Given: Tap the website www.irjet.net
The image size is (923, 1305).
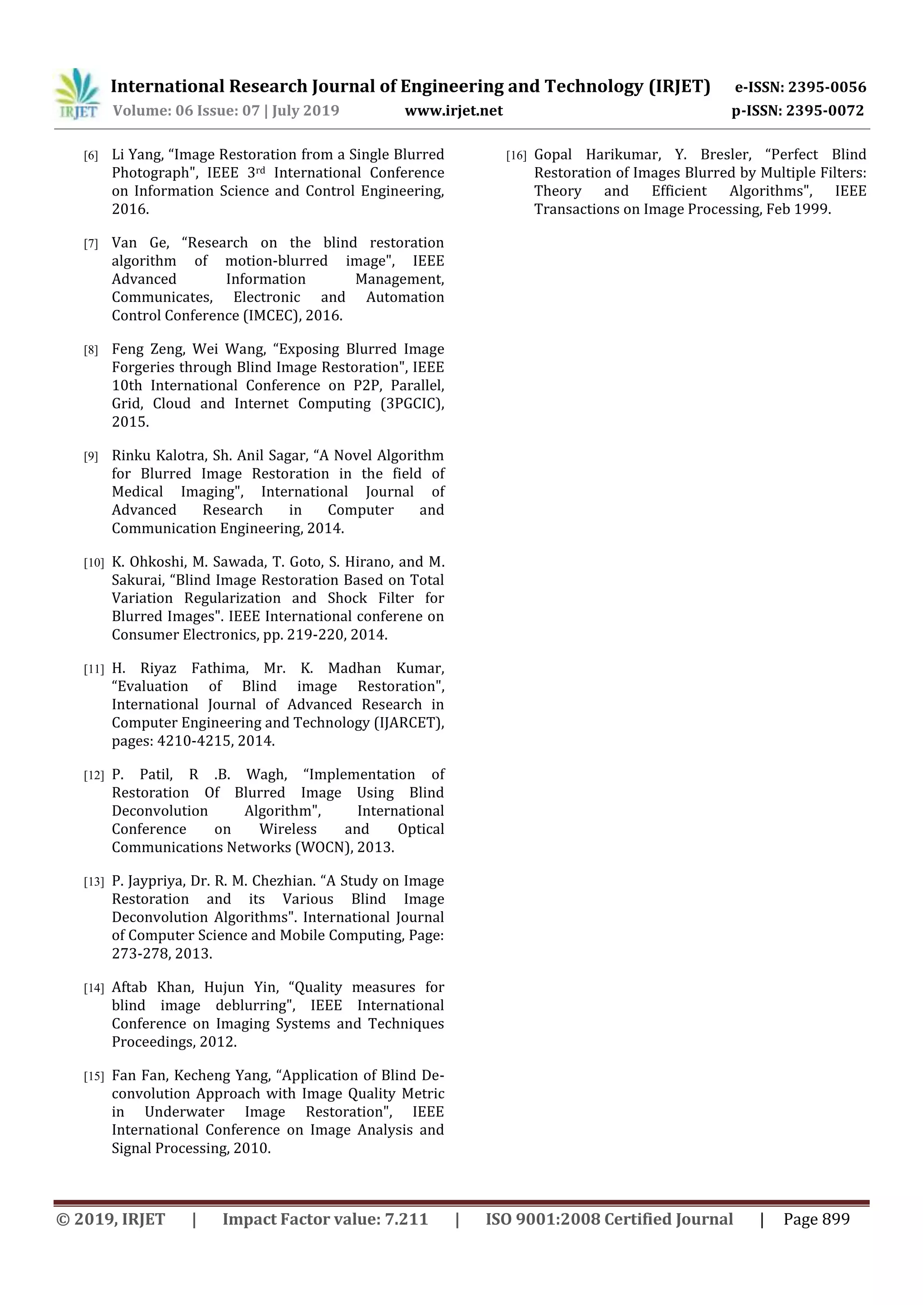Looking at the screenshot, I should pyautogui.click(x=453, y=111).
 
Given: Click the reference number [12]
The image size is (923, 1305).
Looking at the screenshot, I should pyautogui.click(x=94, y=775).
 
